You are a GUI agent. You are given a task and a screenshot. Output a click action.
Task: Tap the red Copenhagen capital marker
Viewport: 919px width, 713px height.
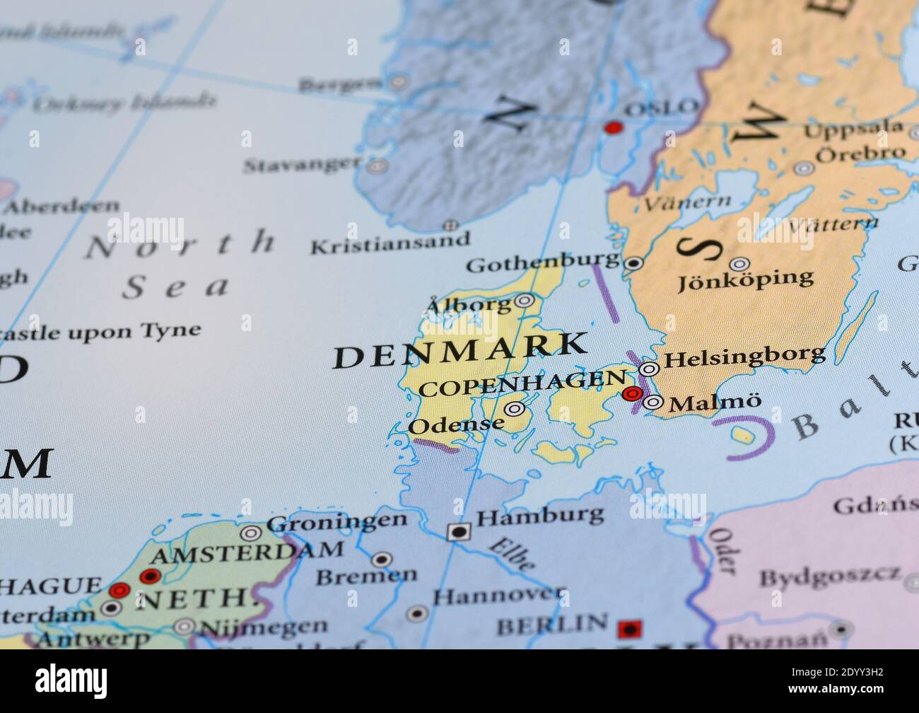(633, 394)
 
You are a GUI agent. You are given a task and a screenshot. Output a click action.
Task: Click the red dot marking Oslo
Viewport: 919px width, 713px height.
(613, 128)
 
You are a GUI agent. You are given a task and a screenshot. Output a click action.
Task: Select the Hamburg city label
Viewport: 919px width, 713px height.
(540, 516)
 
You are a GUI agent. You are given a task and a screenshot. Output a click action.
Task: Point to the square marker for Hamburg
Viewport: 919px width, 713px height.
(459, 531)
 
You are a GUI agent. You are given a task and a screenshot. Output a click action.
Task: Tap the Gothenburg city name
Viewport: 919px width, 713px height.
(543, 263)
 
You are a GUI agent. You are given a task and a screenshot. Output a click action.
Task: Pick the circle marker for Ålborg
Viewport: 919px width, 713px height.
(524, 301)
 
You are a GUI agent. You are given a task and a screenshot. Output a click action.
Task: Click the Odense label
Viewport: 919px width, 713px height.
(456, 426)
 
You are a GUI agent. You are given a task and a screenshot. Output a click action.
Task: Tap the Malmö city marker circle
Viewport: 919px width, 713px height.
(654, 403)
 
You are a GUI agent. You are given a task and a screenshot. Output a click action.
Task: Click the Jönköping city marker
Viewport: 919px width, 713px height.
(739, 264)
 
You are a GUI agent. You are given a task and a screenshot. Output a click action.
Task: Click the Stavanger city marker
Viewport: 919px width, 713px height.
(378, 167)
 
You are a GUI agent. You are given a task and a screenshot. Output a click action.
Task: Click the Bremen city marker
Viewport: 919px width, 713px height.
(382, 560)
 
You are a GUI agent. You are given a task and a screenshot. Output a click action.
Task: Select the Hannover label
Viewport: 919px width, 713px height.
(499, 596)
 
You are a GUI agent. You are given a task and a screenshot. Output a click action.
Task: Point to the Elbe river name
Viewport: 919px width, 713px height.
(511, 554)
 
